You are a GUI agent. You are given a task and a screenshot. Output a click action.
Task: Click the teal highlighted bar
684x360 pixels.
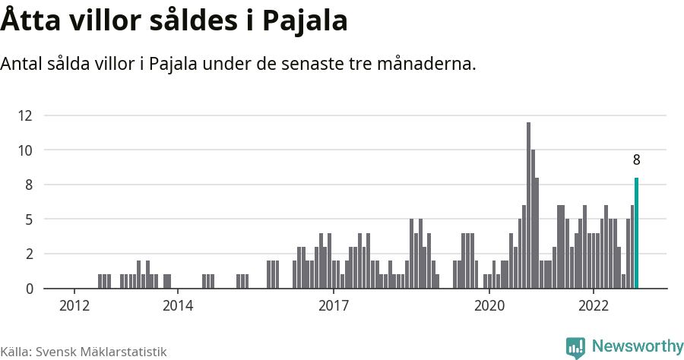(x=637, y=233)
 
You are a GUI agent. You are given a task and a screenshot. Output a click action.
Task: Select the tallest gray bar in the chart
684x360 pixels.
(x=528, y=205)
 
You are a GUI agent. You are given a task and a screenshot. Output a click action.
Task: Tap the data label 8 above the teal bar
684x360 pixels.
(x=637, y=160)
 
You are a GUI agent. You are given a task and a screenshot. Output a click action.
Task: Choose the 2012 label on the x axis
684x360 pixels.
(x=73, y=306)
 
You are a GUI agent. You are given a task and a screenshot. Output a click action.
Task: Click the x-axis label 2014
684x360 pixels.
(x=177, y=306)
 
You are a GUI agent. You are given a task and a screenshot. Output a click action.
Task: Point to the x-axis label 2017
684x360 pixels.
(x=333, y=306)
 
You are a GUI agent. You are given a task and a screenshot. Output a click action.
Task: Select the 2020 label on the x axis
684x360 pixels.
(x=489, y=306)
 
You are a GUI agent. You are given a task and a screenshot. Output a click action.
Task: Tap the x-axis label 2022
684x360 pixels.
(x=594, y=306)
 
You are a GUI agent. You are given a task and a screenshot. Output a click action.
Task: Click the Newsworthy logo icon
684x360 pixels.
(x=576, y=348)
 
